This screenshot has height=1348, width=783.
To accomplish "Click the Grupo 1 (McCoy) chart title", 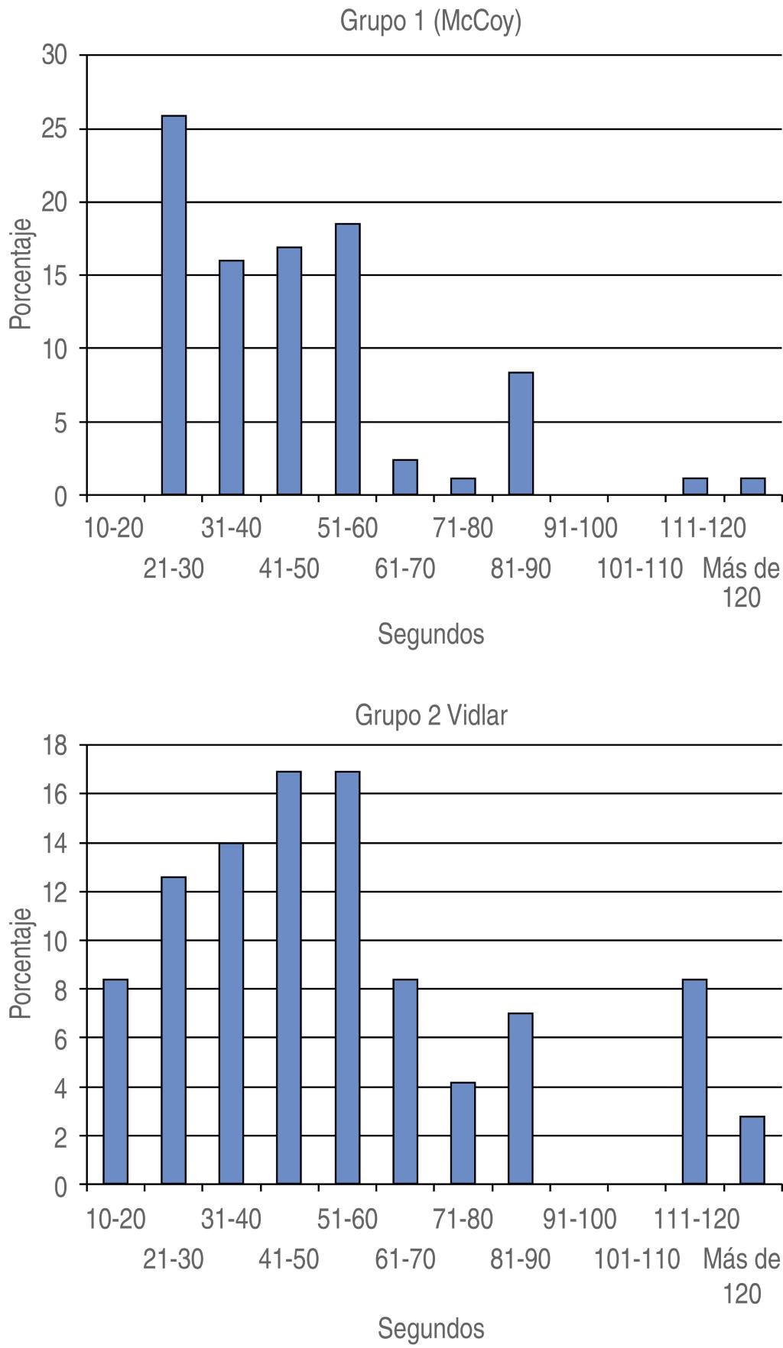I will click(x=430, y=22).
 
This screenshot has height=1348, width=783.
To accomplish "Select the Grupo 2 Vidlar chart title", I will click(x=430, y=716).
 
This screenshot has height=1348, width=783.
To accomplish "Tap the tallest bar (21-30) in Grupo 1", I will click(x=174, y=305).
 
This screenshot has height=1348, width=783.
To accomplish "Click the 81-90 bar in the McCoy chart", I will click(x=521, y=433).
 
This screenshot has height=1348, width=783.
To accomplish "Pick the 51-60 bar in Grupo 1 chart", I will click(x=347, y=359).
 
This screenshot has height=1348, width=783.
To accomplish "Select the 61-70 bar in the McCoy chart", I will click(x=405, y=477).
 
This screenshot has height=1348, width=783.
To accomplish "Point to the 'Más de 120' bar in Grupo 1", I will click(x=752, y=486).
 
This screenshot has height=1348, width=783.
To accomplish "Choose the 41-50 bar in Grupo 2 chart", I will click(x=289, y=977).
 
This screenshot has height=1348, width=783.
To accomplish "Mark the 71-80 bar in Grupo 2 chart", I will click(x=463, y=1133).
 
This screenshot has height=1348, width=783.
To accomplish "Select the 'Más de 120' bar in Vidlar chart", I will click(x=752, y=1150).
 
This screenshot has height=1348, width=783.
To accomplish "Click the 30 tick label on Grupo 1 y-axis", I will click(x=56, y=55).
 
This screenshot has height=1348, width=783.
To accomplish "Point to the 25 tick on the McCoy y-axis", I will click(x=56, y=128).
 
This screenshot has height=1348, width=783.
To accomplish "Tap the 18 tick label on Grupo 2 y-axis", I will click(x=56, y=745).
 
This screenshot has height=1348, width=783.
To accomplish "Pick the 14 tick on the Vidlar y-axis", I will click(x=56, y=843).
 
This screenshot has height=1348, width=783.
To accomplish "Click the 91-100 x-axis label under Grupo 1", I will click(x=580, y=528).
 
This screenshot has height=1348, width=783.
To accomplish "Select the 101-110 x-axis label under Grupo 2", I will click(x=637, y=1259).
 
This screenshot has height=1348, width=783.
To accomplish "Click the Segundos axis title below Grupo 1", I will click(x=430, y=634).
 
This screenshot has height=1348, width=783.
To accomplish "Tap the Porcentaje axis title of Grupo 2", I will click(x=21, y=963).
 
